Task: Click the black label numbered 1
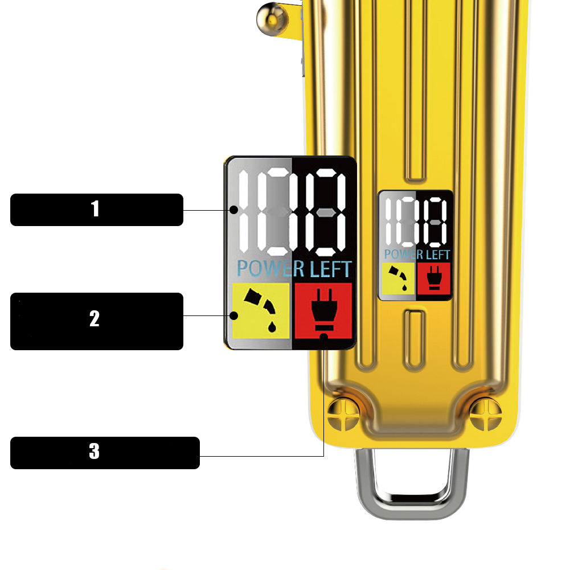(97, 210)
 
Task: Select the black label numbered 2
(97, 321)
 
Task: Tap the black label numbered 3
(105, 453)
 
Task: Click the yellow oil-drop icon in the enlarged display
(261, 310)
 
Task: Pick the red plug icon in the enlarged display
(323, 310)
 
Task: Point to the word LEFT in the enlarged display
(330, 269)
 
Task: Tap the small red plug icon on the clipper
(434, 278)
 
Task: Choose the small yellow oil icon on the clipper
(398, 278)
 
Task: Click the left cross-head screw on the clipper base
(343, 414)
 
